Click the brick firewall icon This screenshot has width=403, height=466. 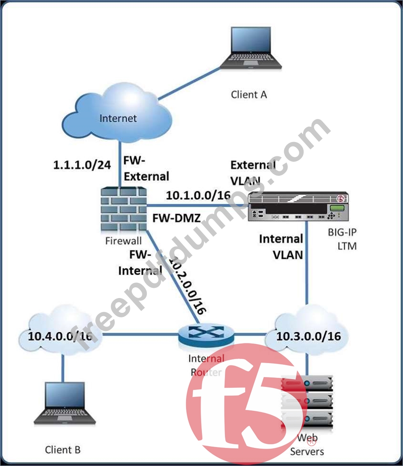pyautogui.click(x=124, y=210)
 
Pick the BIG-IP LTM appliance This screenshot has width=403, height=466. pyautogui.click(x=298, y=206)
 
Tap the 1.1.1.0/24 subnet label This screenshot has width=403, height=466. pyautogui.click(x=82, y=165)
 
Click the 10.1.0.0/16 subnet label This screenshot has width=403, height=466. pyautogui.click(x=198, y=196)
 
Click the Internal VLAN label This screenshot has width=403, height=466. pyautogui.click(x=281, y=247)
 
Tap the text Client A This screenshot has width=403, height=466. pyautogui.click(x=249, y=95)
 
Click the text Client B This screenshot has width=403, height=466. pyautogui.click(x=63, y=450)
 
